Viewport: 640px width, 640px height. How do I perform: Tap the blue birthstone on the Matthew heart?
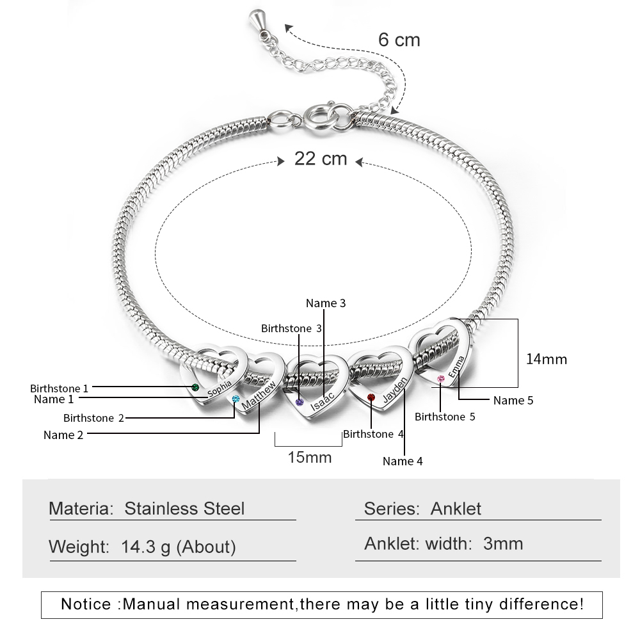pyautogui.click(x=235, y=400)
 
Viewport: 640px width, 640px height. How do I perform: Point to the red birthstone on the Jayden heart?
pyautogui.click(x=371, y=399)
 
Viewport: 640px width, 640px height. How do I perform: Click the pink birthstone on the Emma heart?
pyautogui.click(x=440, y=380)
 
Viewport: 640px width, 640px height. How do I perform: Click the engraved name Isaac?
pyautogui.click(x=322, y=397)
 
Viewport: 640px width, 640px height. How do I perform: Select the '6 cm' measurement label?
pyautogui.click(x=399, y=40)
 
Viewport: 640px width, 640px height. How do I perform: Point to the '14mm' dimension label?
pyautogui.click(x=547, y=359)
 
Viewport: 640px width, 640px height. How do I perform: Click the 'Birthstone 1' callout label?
pyautogui.click(x=60, y=388)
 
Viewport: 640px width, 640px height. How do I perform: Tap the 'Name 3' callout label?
pyautogui.click(x=326, y=303)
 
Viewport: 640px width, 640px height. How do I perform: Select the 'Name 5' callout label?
pyautogui.click(x=513, y=401)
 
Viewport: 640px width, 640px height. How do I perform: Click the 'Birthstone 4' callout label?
pyautogui.click(x=374, y=434)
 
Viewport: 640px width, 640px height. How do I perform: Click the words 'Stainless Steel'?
pyautogui.click(x=184, y=509)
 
